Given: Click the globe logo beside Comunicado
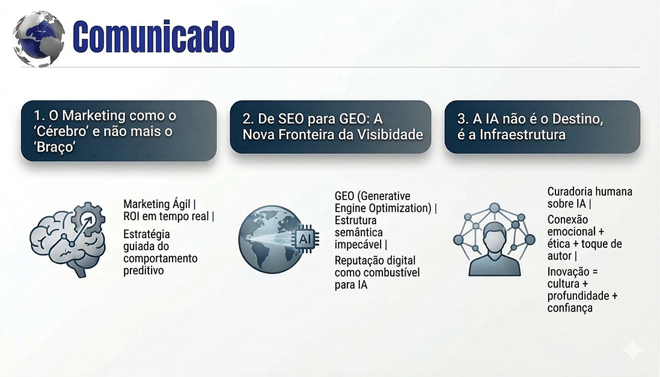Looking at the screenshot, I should tap(39, 38).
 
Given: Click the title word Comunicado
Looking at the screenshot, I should tap(153, 37).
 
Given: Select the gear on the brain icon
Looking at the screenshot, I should tap(88, 219).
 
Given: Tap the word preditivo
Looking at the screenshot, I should tap(144, 271).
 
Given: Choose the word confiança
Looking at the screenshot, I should tap(570, 308).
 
